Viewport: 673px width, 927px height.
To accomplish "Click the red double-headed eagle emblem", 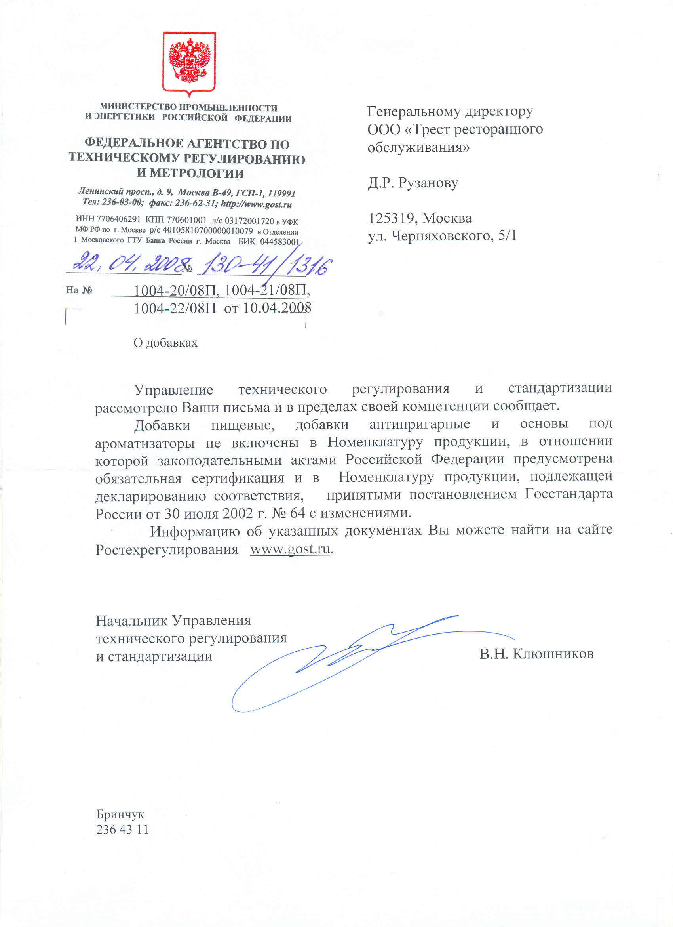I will [189, 61].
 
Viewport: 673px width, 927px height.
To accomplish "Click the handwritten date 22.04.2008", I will [129, 262].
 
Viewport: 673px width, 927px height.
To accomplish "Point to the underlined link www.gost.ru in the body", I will [289, 549].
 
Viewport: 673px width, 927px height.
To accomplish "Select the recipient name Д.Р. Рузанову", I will [413, 183].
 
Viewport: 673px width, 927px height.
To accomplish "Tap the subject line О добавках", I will [165, 343].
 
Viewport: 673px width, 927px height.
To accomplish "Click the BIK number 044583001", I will [280, 242].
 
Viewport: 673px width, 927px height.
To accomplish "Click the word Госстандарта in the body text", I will [568, 494].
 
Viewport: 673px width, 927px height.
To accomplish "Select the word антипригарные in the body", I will [419, 424].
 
